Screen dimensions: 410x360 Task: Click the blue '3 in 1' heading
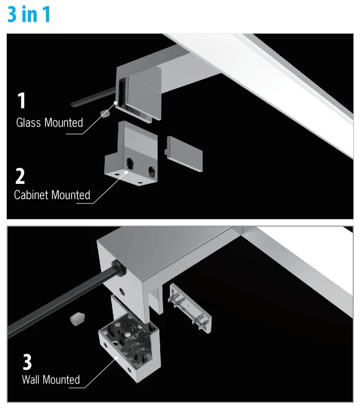click(x=29, y=14)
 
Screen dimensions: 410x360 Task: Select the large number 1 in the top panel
click(x=21, y=101)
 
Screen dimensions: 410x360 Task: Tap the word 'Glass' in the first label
click(x=29, y=123)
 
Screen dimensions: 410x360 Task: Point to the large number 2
click(x=20, y=176)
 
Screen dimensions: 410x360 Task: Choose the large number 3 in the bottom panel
click(x=27, y=361)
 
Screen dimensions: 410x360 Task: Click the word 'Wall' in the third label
click(x=31, y=380)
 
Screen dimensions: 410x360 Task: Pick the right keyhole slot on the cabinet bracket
click(x=151, y=170)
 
